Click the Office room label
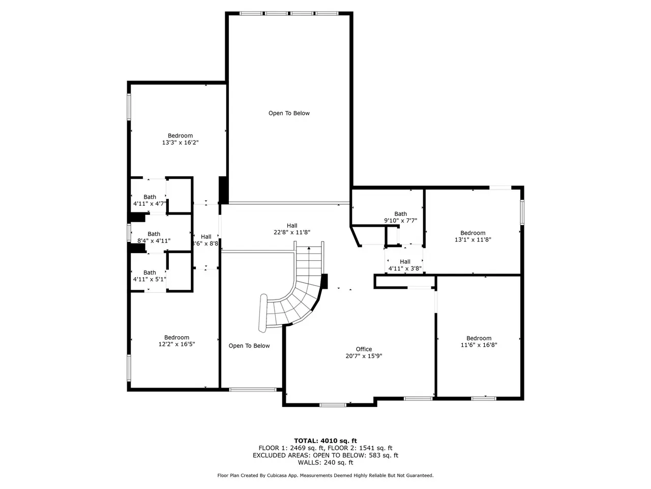pos(364,349)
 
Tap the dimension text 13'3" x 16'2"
pos(180,143)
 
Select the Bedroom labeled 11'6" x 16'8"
pos(479,341)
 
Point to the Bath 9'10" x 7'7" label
pos(400,217)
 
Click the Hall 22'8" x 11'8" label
pos(292,229)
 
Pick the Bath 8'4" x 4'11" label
pos(154,237)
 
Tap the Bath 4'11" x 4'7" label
pos(150,200)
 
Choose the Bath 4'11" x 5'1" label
pos(150,276)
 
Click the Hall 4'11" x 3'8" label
pos(405,265)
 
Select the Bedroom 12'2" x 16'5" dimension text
pos(177,344)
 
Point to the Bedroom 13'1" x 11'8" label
pos(473,236)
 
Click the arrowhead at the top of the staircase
pos(309,248)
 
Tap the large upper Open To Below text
pos(289,113)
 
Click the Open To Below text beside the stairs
pos(249,345)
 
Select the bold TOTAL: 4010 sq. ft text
pos(325,441)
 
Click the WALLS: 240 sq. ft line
pos(325,463)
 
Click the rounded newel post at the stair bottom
pos(263,313)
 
